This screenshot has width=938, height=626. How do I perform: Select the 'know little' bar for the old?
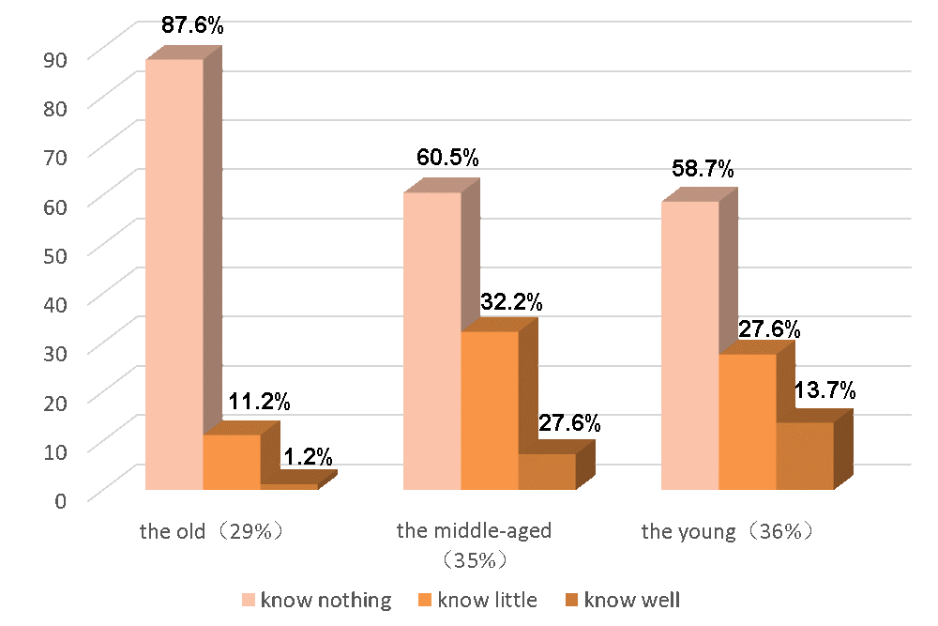coord(231,462)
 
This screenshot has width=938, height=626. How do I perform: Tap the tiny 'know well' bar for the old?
coord(289,486)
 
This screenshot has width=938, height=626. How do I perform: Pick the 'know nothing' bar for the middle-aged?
coord(431,341)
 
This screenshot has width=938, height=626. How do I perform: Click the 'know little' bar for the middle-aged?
coord(489,410)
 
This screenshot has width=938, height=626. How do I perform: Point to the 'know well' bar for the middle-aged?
coord(546,471)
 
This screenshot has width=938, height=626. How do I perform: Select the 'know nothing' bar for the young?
coord(689,345)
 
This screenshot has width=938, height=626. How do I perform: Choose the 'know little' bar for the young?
coord(747,421)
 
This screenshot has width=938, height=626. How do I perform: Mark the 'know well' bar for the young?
coord(804,455)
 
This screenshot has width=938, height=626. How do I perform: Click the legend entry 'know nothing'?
coord(316,600)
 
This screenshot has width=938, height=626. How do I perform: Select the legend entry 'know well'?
coord(623,600)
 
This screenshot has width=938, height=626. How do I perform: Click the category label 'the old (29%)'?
coord(212,531)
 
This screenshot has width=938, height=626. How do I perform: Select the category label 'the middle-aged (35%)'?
coord(474,544)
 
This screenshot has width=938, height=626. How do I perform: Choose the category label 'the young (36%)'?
coord(727,531)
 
